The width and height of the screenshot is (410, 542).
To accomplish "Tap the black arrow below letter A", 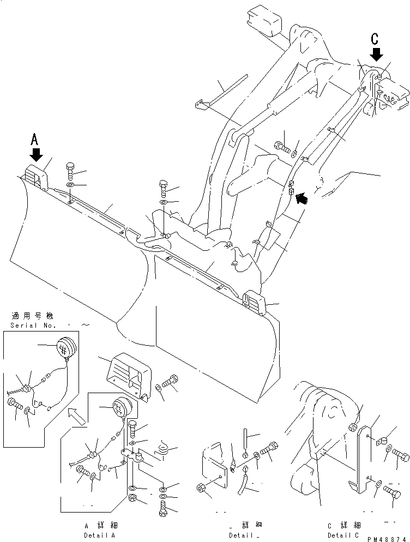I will click(x=36, y=155).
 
